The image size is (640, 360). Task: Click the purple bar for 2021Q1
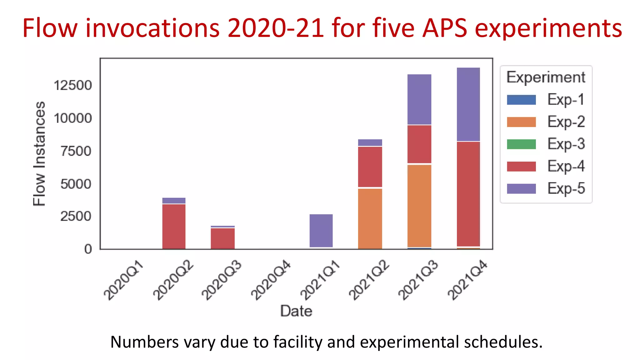tap(321, 231)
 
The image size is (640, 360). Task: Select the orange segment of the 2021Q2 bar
tap(370, 219)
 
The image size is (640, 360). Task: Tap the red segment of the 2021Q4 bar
tap(468, 194)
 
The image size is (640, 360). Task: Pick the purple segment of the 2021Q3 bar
tap(419, 99)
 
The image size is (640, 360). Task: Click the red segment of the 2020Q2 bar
tap(174, 226)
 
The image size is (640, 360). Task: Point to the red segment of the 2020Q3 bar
tap(222, 238)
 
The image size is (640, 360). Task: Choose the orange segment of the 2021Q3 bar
tap(419, 206)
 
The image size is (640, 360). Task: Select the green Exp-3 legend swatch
tap(521, 144)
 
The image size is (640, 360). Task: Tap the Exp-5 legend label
tap(566, 188)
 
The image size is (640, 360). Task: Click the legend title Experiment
tap(546, 77)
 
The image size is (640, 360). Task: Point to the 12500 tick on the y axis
tap(73, 85)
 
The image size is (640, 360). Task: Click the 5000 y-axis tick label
tap(76, 184)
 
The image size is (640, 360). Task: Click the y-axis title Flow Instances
tap(39, 153)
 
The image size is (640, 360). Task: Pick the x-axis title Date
tap(296, 311)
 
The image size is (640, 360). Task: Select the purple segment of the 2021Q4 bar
tap(468, 104)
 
